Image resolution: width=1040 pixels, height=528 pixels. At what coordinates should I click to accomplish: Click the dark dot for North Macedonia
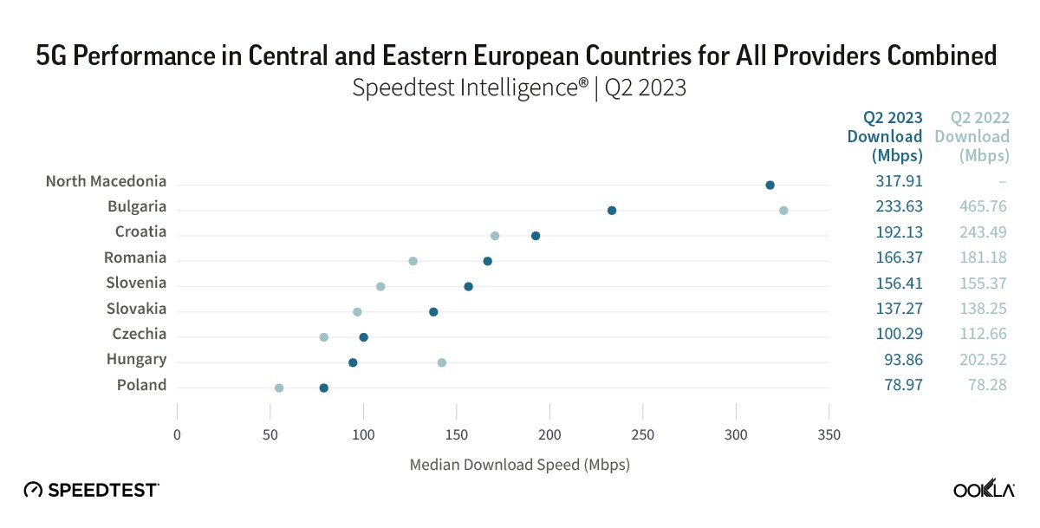(x=770, y=185)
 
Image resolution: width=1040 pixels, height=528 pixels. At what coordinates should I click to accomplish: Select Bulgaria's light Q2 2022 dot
(x=783, y=210)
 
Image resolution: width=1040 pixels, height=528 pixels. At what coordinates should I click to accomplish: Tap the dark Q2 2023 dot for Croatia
(x=536, y=236)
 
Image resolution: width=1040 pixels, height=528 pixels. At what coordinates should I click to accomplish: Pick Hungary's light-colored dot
(x=442, y=362)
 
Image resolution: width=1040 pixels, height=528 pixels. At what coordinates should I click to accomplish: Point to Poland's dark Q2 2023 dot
(x=324, y=388)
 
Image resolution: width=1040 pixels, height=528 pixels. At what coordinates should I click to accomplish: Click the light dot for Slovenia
(x=380, y=286)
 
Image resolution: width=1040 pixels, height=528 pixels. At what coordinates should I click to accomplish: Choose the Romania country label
(x=135, y=257)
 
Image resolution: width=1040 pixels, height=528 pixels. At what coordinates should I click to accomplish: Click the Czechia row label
(x=139, y=335)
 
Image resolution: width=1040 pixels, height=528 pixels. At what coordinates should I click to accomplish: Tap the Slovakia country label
(x=136, y=309)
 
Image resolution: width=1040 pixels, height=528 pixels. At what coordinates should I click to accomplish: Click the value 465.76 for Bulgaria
(x=985, y=206)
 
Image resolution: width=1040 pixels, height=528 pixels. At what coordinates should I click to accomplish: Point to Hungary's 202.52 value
(x=985, y=359)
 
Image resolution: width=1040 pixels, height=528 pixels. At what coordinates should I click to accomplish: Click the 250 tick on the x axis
(x=643, y=434)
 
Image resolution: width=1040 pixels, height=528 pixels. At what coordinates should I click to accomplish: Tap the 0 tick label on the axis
(x=178, y=434)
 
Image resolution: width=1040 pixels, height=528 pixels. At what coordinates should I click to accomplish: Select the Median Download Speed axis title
(x=519, y=465)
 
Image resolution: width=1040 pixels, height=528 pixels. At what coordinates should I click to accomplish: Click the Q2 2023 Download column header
(x=885, y=136)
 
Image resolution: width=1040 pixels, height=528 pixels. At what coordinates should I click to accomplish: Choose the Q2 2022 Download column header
(x=972, y=136)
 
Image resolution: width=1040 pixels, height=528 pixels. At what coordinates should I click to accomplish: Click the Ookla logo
(x=985, y=491)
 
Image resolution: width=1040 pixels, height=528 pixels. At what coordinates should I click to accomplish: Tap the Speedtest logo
(x=92, y=490)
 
